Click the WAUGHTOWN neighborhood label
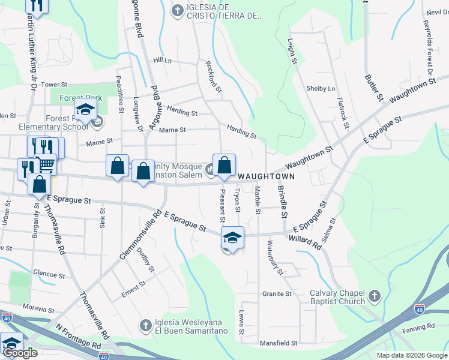click(266, 176)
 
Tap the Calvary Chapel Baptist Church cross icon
click(375, 296)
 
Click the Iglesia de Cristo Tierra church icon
click(178, 10)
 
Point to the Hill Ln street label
click(162, 61)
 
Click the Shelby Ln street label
click(321, 89)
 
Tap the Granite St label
click(276, 294)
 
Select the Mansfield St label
click(279, 343)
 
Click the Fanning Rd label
click(419, 327)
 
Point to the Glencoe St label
click(49, 275)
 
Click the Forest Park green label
click(80, 98)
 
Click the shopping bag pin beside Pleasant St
click(224, 165)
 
